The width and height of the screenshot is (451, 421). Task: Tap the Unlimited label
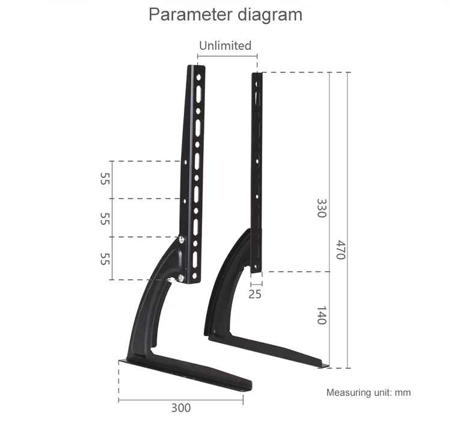(225, 46)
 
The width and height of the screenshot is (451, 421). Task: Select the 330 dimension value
(321, 208)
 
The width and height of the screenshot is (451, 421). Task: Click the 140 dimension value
(321, 316)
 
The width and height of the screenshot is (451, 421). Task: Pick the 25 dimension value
(255, 294)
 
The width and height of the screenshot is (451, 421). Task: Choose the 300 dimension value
(180, 408)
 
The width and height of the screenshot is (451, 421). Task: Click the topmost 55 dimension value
(105, 179)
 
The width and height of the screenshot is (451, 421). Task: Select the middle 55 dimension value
(105, 218)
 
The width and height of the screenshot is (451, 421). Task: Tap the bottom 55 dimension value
(105, 259)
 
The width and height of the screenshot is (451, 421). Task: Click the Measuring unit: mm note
(368, 393)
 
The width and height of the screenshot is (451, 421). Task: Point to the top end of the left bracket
(200, 68)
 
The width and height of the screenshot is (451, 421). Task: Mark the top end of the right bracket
(258, 75)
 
